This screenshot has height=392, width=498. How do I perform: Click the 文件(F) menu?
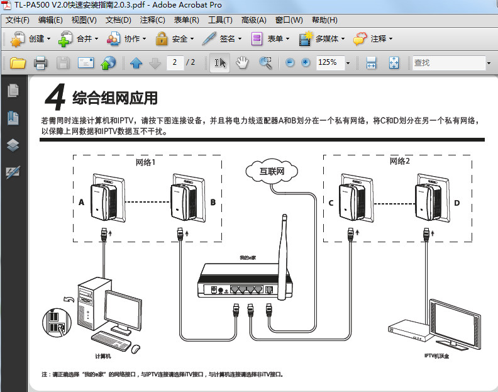coord(18,20)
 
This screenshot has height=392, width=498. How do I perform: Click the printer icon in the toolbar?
coord(40,63)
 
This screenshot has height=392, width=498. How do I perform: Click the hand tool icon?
coord(243,63)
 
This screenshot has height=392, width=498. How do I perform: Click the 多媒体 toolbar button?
coord(321,39)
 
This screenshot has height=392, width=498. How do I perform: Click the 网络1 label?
coord(145,162)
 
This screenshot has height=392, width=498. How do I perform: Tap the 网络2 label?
coord(399,162)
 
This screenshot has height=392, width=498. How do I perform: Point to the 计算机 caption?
coord(102,356)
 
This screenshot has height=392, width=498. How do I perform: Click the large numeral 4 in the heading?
coord(57,99)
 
